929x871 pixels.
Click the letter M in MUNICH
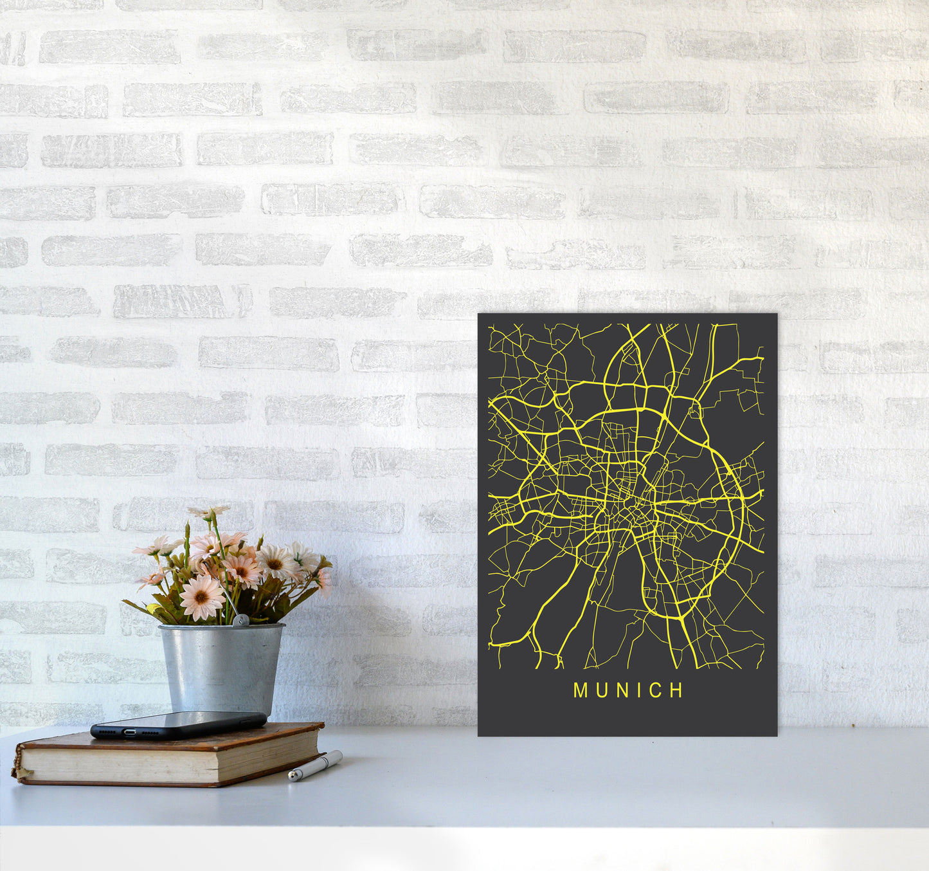(580, 690)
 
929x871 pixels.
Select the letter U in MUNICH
(601, 690)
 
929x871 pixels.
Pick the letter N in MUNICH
(621, 690)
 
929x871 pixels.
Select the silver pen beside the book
(315, 766)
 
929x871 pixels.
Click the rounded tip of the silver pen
(291, 777)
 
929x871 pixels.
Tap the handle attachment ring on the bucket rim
(240, 620)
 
